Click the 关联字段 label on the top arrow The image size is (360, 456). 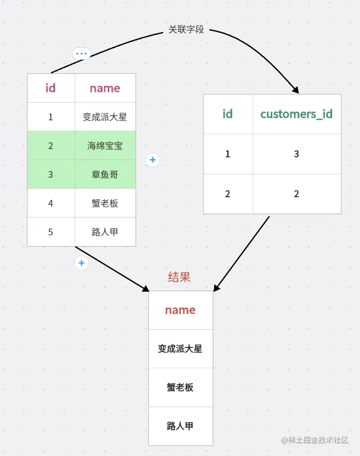[x=186, y=29]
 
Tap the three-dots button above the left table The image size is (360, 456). [x=81, y=53]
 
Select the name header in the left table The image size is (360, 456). [x=105, y=88]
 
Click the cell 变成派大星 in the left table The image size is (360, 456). [x=105, y=117]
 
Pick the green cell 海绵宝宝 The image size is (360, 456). [x=105, y=145]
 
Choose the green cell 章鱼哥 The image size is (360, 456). [x=105, y=174]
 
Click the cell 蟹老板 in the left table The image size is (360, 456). [x=105, y=203]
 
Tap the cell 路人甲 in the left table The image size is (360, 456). [x=105, y=232]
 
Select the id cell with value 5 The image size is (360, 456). [x=50, y=232]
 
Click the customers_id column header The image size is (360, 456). [x=297, y=114]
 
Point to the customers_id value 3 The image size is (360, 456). [x=297, y=154]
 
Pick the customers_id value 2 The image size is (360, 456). [x=297, y=194]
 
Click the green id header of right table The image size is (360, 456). [x=228, y=114]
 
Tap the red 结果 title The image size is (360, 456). [x=180, y=277]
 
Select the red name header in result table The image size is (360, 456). [x=180, y=310]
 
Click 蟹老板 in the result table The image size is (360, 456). [x=180, y=387]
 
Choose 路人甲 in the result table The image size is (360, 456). [x=180, y=426]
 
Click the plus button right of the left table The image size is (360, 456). [x=152, y=160]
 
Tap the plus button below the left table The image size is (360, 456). [x=81, y=263]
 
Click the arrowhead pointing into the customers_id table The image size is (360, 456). [x=295, y=90]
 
